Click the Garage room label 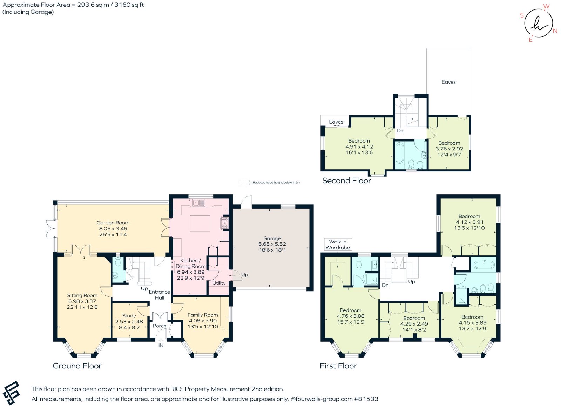[272, 238]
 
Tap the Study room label [129, 316]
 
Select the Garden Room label [113, 223]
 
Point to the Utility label [219, 283]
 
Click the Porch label [160, 326]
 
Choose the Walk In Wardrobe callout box [338, 244]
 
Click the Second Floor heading [347, 181]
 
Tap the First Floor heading [338, 366]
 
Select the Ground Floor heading [77, 366]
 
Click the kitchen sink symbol [199, 203]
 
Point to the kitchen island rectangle [200, 223]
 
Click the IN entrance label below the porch [161, 346]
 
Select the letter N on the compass [555, 31]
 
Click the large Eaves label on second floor [448, 82]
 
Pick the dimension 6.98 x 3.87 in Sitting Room [82, 301]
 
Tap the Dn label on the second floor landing [400, 131]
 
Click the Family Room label [203, 315]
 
